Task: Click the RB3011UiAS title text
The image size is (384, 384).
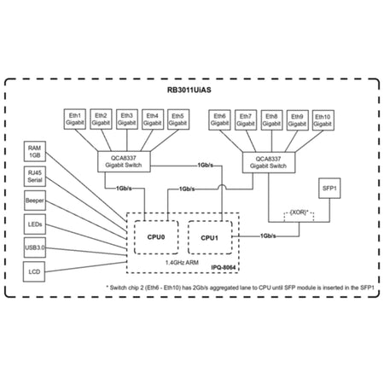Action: tap(189, 90)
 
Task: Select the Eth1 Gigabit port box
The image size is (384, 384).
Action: tap(75, 119)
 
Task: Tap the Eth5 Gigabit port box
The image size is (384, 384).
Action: tap(178, 119)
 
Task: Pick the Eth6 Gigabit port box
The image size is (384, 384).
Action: tap(219, 119)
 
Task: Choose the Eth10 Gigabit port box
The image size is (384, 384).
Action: tap(323, 120)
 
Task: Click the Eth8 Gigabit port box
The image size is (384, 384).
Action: tap(271, 120)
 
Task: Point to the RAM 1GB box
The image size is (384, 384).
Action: tap(34, 151)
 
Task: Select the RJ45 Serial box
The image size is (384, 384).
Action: tap(35, 177)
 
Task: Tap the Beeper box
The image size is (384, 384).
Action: tap(35, 201)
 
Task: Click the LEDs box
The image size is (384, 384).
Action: tap(35, 224)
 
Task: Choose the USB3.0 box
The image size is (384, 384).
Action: tap(35, 247)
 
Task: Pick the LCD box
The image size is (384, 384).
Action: tap(34, 271)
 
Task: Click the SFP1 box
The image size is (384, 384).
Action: tap(329, 188)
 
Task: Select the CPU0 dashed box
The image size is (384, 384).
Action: tap(156, 237)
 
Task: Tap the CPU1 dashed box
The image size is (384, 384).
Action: tap(210, 237)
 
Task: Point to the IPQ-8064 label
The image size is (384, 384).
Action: tap(224, 268)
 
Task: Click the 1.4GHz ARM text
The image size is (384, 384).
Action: tap(182, 263)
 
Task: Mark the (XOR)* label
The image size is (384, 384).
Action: tap(299, 212)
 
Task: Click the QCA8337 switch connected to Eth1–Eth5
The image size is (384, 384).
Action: tap(124, 161)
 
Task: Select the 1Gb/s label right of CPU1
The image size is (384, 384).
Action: tap(268, 236)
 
